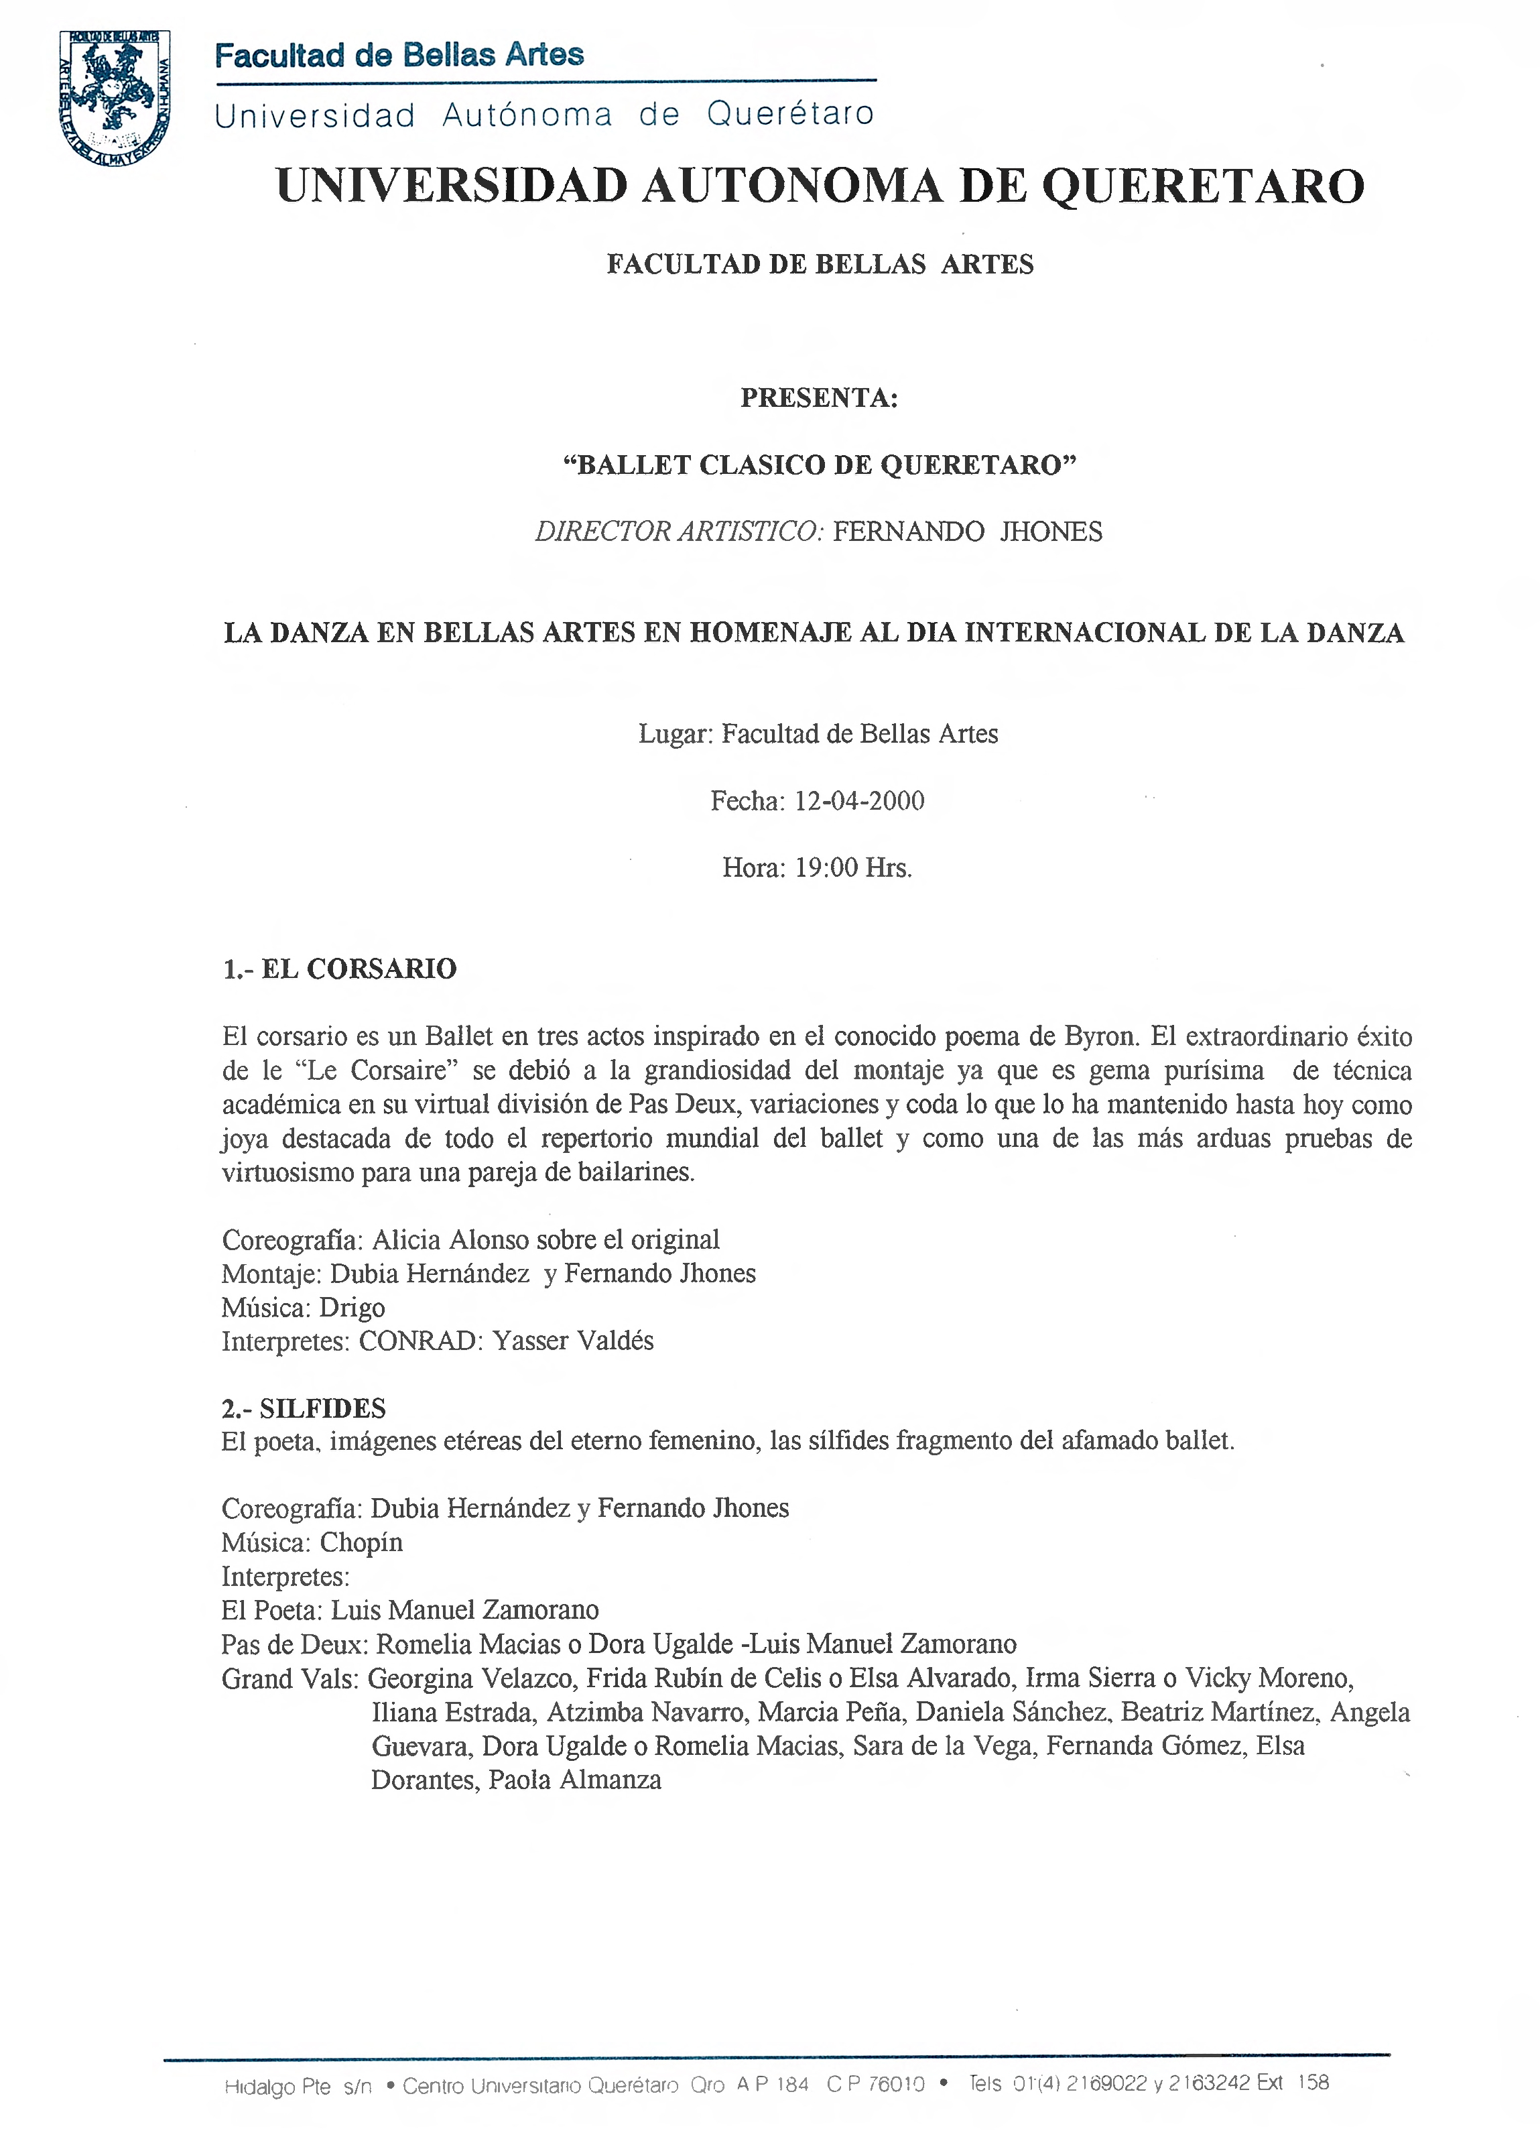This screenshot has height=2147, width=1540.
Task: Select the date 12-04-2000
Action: (x=858, y=801)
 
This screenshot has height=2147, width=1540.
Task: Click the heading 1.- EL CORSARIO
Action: (x=339, y=969)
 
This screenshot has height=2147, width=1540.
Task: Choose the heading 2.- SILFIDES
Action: (x=304, y=1408)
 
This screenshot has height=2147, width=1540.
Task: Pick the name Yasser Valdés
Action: (x=573, y=1341)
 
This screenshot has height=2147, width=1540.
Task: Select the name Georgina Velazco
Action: (x=470, y=1678)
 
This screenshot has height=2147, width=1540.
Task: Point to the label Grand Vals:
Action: (x=290, y=1678)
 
